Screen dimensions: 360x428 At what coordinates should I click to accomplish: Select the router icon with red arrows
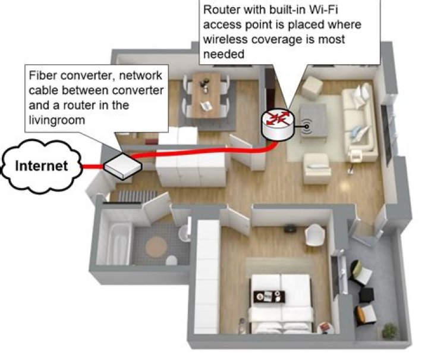coord(277,122)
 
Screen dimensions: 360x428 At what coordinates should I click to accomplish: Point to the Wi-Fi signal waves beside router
coord(306,126)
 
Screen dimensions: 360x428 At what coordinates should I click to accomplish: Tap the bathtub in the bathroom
coord(115,238)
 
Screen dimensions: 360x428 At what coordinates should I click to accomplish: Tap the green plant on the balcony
coord(390,330)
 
